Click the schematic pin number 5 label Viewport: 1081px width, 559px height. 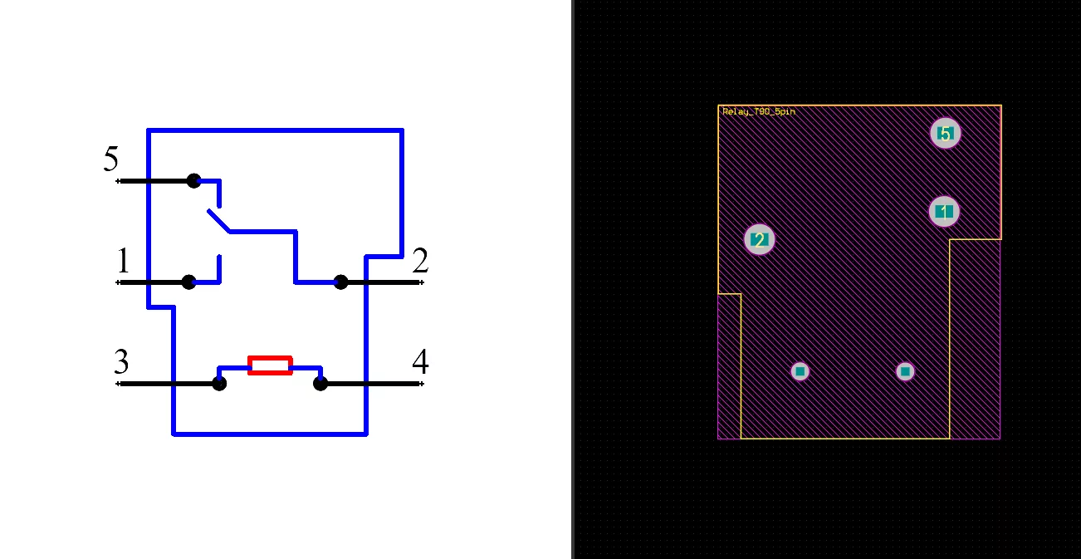(111, 159)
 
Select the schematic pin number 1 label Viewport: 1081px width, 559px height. (124, 260)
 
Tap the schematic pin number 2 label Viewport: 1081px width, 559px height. (420, 260)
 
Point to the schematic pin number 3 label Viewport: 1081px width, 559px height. (121, 361)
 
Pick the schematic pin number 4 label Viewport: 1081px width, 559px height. (420, 361)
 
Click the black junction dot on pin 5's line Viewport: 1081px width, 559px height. (194, 181)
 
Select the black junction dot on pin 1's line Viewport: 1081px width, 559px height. (188, 282)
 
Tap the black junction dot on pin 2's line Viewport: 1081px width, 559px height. (340, 282)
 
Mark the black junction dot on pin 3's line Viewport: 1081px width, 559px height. (219, 384)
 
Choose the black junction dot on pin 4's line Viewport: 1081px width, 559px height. (320, 384)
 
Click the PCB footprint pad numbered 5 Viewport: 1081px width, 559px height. (946, 133)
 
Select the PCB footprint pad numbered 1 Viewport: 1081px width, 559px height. (945, 212)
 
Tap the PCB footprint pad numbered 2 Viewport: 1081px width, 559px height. (760, 239)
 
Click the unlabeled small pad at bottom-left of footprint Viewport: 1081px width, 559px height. (800, 372)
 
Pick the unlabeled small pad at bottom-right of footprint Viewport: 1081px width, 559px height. (905, 372)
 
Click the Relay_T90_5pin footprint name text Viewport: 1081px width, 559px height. (759, 112)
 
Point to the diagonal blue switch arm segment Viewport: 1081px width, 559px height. (218, 221)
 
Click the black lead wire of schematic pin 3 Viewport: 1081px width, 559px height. (167, 384)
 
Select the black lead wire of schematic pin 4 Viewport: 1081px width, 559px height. (373, 384)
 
